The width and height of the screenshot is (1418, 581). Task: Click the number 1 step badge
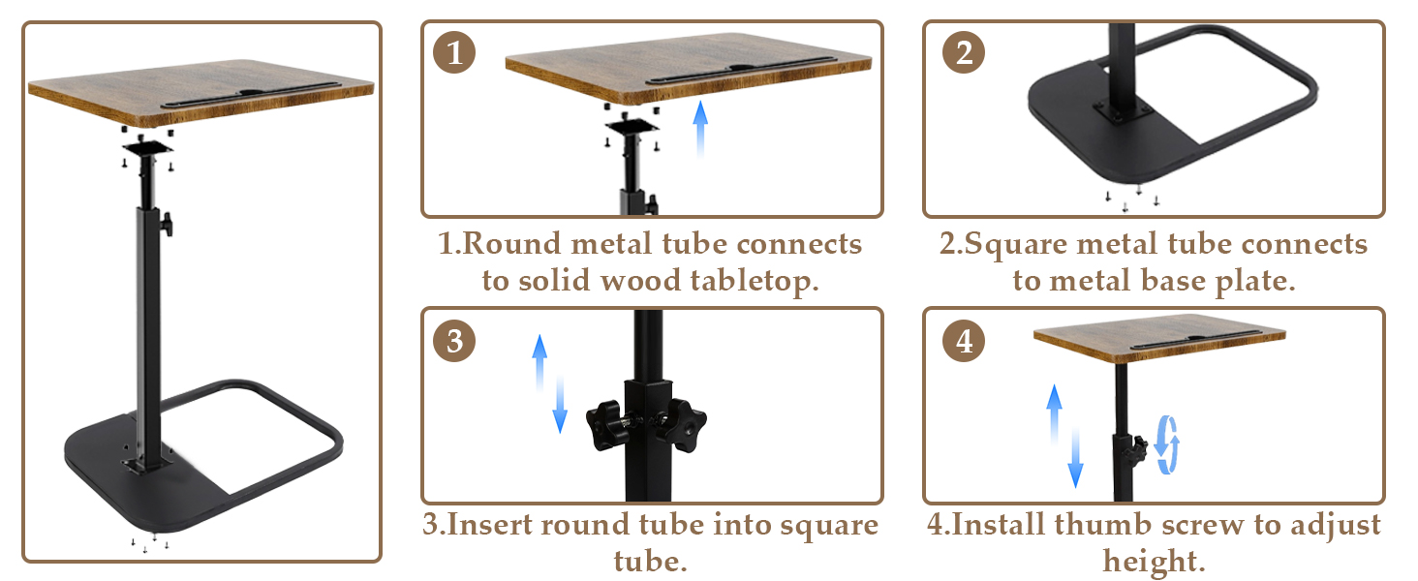click(454, 52)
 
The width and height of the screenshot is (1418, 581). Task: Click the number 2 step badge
click(964, 52)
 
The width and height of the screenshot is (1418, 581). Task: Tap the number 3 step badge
click(454, 341)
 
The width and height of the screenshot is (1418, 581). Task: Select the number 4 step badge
click(964, 341)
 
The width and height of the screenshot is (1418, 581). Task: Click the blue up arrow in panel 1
click(700, 129)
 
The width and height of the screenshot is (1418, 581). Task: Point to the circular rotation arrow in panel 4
click(1167, 444)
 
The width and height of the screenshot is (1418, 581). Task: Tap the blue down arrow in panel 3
click(560, 405)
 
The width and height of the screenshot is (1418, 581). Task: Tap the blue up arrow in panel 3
click(539, 363)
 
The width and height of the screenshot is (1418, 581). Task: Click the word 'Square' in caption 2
click(1015, 245)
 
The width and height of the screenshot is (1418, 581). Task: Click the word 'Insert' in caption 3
click(489, 525)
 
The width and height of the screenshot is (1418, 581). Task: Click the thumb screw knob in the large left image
click(168, 224)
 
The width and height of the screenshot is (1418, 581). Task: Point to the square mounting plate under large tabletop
click(147, 149)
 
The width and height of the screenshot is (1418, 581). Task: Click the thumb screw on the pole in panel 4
click(1138, 449)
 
